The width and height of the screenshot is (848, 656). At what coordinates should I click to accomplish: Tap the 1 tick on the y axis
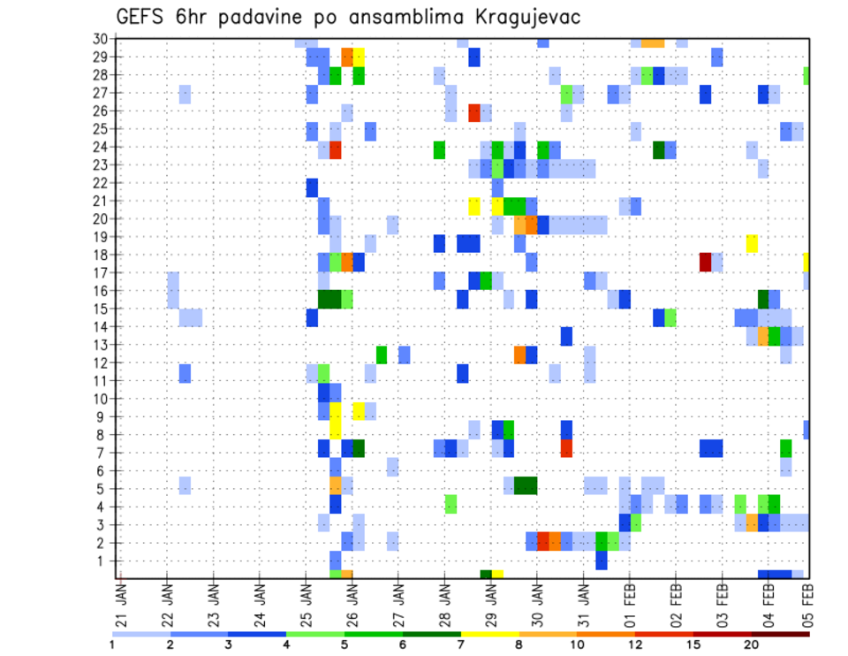pyautogui.click(x=103, y=561)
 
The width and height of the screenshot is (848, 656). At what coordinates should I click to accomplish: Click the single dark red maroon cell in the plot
pyautogui.click(x=705, y=262)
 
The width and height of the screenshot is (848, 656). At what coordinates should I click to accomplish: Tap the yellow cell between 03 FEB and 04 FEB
pyautogui.click(x=752, y=243)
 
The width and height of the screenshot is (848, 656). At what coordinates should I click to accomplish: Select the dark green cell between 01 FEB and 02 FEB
pyautogui.click(x=659, y=149)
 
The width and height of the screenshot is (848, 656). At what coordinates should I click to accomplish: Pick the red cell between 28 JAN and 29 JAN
pyautogui.click(x=474, y=113)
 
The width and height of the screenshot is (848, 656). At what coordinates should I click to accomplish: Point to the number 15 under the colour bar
pyautogui.click(x=693, y=645)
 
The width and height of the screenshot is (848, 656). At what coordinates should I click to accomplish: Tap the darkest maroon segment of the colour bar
pyautogui.click(x=780, y=633)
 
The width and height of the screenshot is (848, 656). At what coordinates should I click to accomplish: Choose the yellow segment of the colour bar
pyautogui.click(x=489, y=633)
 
